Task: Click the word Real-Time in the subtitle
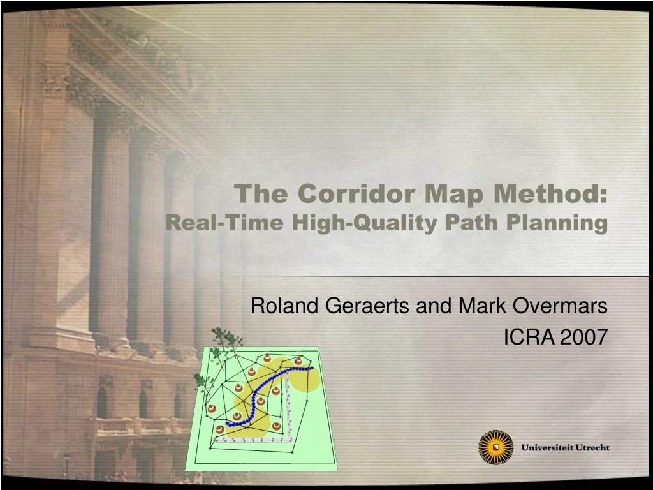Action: click(224, 222)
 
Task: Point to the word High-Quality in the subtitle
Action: click(364, 223)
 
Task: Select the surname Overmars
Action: click(560, 306)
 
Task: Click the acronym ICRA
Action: click(529, 337)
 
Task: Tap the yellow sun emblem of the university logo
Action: click(495, 447)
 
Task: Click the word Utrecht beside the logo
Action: click(592, 447)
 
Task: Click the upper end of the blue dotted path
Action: click(311, 368)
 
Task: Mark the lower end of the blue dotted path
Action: click(228, 424)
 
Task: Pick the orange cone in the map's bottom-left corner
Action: click(219, 429)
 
